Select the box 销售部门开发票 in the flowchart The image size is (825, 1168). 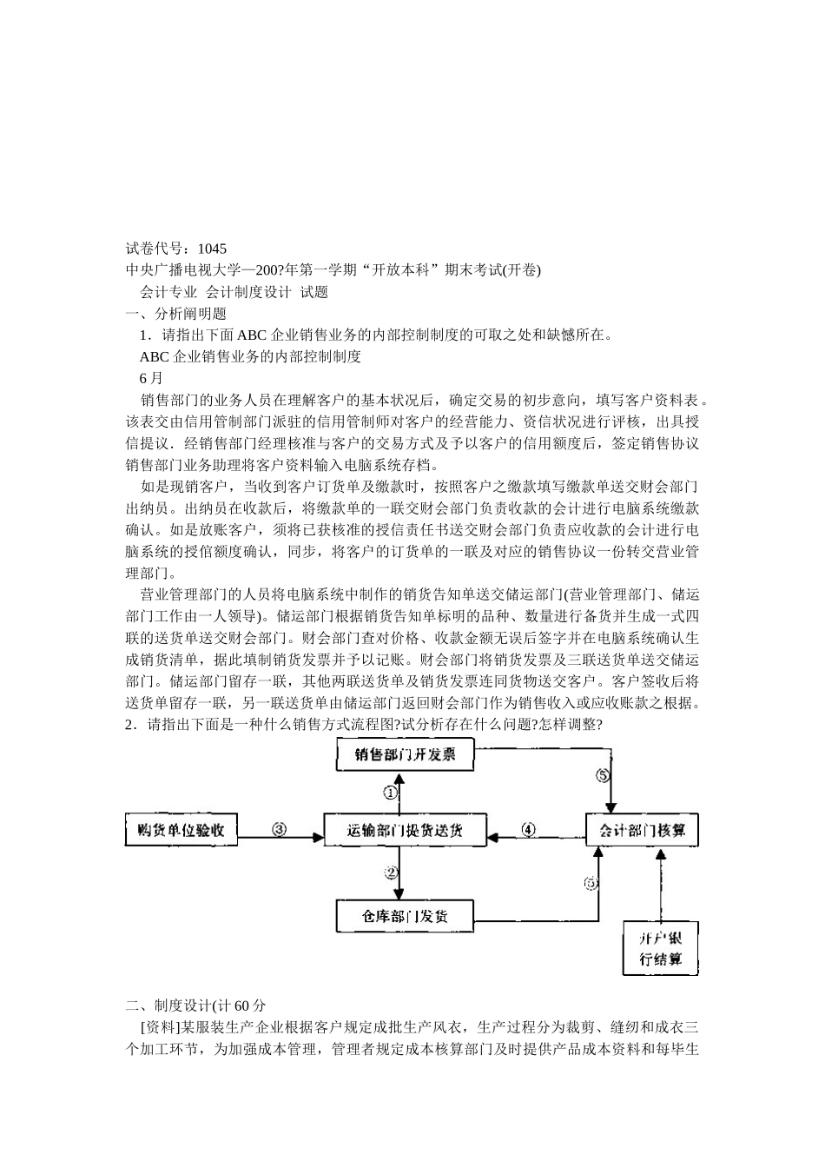tap(406, 754)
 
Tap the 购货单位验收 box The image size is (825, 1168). tap(181, 830)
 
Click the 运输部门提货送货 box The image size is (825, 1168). tap(406, 830)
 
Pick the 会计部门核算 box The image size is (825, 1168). tap(642, 830)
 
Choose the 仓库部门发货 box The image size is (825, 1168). tap(406, 915)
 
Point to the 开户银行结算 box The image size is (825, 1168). tap(661, 948)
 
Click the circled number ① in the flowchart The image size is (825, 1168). tap(392, 793)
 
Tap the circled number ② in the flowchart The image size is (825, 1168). tap(392, 872)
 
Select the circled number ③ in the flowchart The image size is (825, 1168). tap(279, 829)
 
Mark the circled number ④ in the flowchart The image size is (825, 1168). tap(528, 829)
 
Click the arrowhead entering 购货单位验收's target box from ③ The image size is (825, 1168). tap(318, 838)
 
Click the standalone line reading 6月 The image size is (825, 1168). tap(150, 378)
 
